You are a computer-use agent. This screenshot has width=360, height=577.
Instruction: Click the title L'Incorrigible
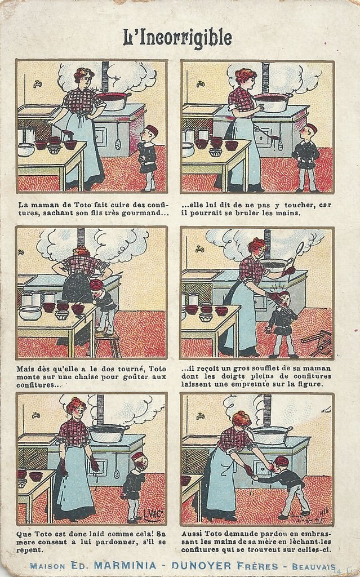click(x=177, y=38)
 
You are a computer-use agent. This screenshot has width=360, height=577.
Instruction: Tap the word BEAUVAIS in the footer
click(x=314, y=567)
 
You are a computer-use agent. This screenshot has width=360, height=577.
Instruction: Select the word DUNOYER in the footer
click(x=201, y=566)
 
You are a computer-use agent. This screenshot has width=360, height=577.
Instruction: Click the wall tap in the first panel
click(x=37, y=85)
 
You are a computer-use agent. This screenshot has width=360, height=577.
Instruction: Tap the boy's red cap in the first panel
click(x=152, y=130)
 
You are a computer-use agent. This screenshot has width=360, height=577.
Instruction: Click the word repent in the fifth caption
click(x=28, y=550)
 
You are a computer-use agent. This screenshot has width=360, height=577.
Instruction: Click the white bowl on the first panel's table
click(x=26, y=149)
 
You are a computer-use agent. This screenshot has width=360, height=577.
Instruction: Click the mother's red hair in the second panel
click(x=245, y=76)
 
